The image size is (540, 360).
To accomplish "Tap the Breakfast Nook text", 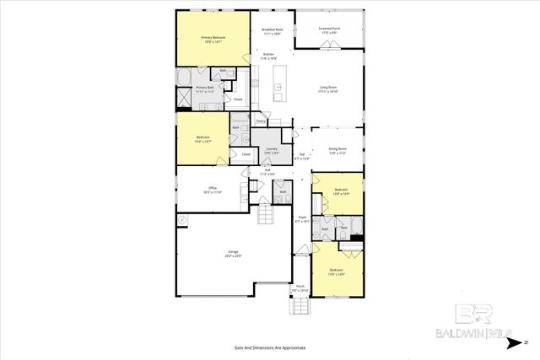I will (272, 30).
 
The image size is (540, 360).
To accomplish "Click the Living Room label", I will (328, 89).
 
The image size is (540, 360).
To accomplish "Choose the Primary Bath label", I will (206, 89).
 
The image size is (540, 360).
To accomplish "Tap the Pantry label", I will (262, 121).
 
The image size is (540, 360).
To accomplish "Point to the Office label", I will (213, 191).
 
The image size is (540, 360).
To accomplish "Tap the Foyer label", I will (301, 219).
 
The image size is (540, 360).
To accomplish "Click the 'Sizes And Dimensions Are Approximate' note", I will (269, 347).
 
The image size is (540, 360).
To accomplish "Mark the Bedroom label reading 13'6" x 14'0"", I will (337, 273).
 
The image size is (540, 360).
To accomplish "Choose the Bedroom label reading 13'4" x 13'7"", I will (202, 139).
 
